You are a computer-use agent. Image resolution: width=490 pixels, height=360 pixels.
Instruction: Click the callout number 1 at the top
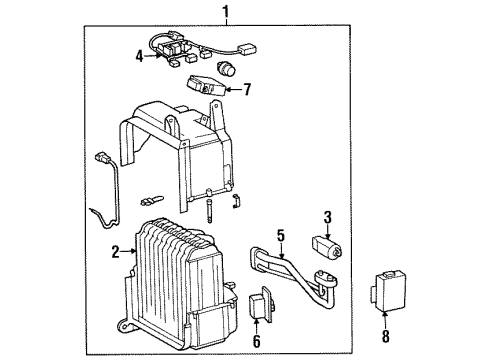(226, 13)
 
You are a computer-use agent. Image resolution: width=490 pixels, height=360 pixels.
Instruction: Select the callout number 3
(326, 217)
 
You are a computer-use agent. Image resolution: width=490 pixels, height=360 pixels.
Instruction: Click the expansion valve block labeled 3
(326, 244)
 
